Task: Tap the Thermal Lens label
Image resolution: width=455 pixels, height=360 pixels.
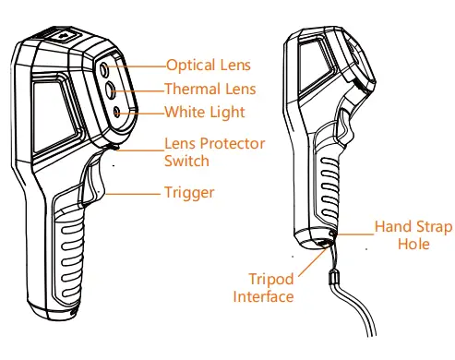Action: (210, 90)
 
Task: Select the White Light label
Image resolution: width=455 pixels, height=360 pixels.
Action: (204, 113)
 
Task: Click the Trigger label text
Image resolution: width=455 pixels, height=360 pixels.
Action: (189, 193)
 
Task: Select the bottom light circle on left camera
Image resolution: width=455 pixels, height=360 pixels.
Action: (117, 112)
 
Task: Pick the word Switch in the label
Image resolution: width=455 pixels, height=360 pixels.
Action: (186, 161)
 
